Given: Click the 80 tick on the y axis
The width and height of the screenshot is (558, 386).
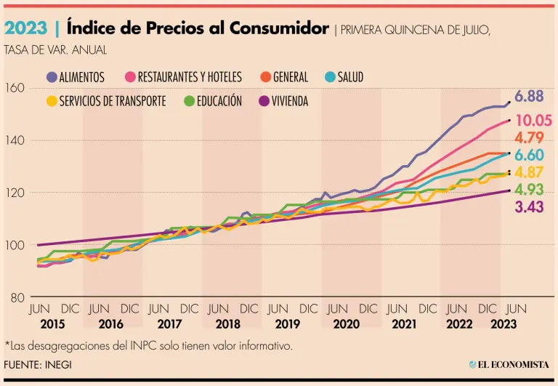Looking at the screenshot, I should (17, 297).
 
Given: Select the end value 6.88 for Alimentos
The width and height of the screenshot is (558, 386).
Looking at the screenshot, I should (529, 96).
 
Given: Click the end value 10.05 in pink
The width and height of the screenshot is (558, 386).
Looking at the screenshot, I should (533, 121).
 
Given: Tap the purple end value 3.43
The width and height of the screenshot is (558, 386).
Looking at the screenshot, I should (529, 208).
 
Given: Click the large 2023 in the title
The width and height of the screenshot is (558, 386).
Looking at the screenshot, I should (26, 28).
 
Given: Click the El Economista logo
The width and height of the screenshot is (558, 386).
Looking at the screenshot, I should (509, 364).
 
